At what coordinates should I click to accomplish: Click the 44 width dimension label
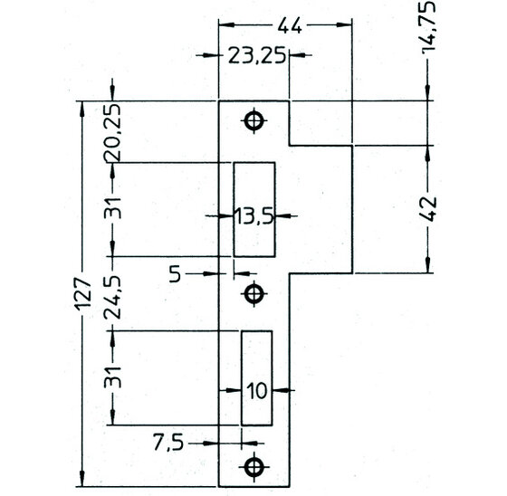click(290, 25)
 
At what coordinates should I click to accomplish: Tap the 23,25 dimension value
click(257, 55)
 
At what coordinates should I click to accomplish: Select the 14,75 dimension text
click(428, 26)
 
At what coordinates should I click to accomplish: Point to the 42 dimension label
click(429, 209)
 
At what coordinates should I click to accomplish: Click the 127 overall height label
click(83, 294)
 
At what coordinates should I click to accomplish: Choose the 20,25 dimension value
click(112, 132)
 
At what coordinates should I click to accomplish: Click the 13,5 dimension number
click(253, 216)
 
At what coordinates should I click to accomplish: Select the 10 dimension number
click(257, 391)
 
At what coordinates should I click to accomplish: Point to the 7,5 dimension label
click(168, 443)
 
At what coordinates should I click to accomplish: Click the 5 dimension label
click(176, 274)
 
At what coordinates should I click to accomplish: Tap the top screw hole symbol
click(253, 121)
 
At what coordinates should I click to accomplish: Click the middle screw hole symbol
click(253, 294)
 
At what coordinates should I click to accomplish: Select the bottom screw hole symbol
click(253, 466)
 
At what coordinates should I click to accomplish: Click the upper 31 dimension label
click(112, 208)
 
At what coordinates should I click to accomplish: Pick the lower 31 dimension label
click(112, 377)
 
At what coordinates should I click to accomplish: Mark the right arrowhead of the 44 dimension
click(344, 25)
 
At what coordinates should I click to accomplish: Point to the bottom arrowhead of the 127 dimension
click(82, 479)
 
